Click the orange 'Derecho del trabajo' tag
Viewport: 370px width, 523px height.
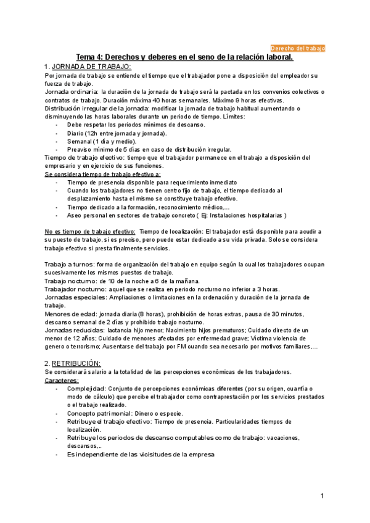tap(298, 47)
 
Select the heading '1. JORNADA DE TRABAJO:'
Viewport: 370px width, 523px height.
tap(88, 67)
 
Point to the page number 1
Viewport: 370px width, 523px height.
tap(322, 496)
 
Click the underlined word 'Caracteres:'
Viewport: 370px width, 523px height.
tap(62, 381)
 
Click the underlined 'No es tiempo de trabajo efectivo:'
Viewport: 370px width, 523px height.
tap(90, 231)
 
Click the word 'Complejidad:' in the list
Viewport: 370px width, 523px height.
tap(86, 389)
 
